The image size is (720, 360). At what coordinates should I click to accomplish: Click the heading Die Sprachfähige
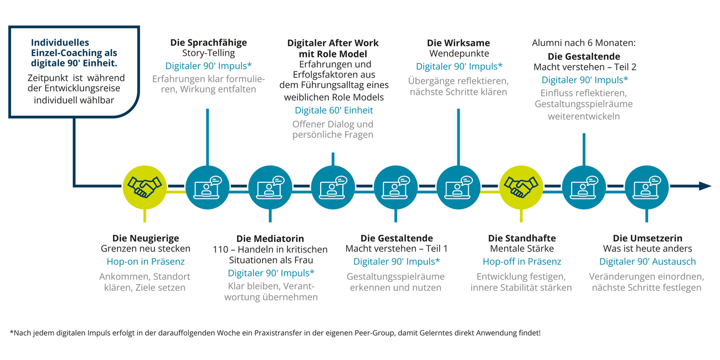click(x=209, y=43)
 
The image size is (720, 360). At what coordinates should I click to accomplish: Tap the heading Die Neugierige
click(x=146, y=238)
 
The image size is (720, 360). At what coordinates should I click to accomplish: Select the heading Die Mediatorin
click(x=270, y=239)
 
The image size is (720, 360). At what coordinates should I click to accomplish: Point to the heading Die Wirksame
click(x=459, y=43)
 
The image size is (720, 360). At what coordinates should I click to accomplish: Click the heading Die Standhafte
click(x=522, y=238)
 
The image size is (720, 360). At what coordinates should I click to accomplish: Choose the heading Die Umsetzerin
click(x=647, y=238)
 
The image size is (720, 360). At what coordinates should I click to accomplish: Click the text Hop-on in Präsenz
click(x=146, y=261)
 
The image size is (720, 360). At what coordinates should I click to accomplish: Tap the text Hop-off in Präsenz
click(x=522, y=261)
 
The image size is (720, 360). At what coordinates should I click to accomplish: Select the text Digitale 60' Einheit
click(x=334, y=110)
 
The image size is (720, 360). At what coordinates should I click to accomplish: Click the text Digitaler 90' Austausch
click(x=647, y=261)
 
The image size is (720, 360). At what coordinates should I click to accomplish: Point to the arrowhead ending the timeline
click(x=705, y=186)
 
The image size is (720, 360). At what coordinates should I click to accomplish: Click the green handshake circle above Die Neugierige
click(x=145, y=187)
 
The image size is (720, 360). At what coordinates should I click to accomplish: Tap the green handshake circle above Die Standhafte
click(x=521, y=187)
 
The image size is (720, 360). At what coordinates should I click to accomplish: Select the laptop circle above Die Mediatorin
click(x=270, y=187)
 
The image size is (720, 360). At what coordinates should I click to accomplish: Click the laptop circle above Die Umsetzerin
click(x=647, y=187)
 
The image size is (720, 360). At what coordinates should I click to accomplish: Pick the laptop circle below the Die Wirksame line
click(x=459, y=187)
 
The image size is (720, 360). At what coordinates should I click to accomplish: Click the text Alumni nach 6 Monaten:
click(x=584, y=43)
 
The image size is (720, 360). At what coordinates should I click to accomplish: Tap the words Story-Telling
click(x=209, y=53)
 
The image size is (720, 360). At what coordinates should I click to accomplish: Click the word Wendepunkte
click(x=459, y=53)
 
